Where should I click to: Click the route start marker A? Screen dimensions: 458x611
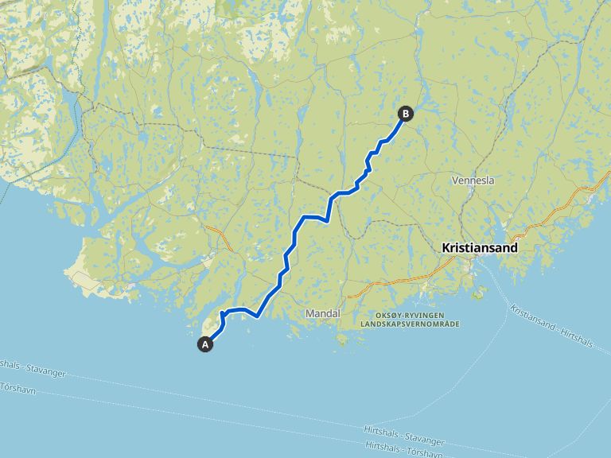tap(205, 344)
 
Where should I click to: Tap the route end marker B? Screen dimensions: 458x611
tap(405, 114)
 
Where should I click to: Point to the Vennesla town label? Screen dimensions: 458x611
tap(473, 180)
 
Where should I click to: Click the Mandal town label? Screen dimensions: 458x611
tap(323, 314)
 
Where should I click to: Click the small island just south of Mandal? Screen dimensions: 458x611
tap(343, 340)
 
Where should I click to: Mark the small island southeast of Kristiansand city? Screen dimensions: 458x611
tap(479, 294)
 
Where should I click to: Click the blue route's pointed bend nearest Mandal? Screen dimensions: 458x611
tap(259, 316)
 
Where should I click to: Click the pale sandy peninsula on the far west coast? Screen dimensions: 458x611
tap(84, 278)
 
